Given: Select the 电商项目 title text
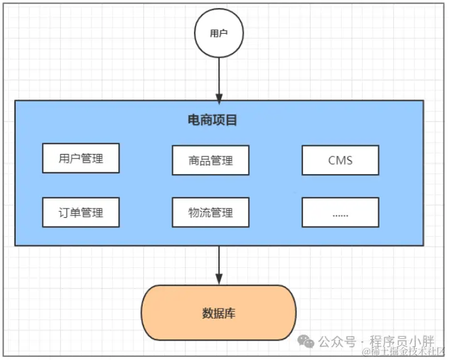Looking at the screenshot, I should pos(213,120).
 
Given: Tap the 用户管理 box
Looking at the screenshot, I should pos(81,158).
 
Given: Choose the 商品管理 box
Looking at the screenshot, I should pos(210,160).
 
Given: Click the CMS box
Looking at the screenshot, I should pos(340,160).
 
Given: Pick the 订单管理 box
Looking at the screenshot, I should pos(81,212).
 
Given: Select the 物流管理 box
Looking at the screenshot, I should pos(210,212).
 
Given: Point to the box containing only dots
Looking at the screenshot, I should pos(340,212).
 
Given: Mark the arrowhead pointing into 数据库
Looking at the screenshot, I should pos(219,280).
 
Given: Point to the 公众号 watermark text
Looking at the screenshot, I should pos(336,341).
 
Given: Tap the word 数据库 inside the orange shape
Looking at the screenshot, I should pos(219,313).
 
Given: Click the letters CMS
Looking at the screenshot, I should pos(340,160).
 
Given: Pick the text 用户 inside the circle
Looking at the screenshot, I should pos(219,34).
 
